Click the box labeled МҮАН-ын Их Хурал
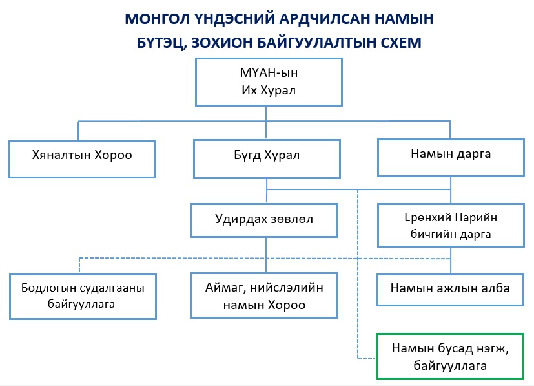point(266,81)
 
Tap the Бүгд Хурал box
point(266,156)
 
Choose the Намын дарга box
point(450,155)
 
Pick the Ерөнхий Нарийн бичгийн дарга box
point(450,225)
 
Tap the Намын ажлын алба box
point(450,288)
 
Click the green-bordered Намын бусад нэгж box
point(450,356)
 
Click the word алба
point(493,288)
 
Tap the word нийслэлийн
point(290,288)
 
